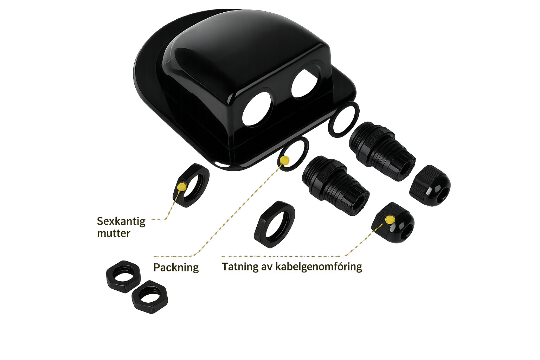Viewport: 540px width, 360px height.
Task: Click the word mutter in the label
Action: [x=114, y=233]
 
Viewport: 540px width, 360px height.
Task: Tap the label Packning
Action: [x=176, y=268]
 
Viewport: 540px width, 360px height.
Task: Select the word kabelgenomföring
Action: [x=319, y=267]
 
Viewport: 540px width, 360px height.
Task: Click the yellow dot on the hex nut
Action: [x=182, y=186]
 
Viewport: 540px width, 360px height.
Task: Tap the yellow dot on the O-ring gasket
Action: [x=285, y=160]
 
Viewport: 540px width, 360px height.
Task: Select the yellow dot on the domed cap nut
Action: [x=390, y=219]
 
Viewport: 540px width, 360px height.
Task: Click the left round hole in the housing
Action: [x=257, y=109]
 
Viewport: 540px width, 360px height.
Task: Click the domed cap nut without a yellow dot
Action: [x=430, y=186]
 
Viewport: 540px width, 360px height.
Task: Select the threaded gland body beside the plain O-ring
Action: [x=382, y=151]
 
